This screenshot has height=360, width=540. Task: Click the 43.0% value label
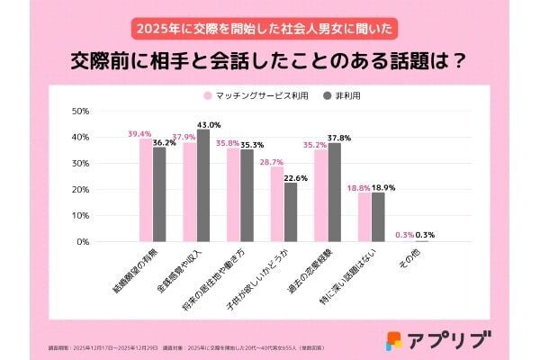(209, 124)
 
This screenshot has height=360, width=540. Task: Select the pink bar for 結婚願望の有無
(146, 190)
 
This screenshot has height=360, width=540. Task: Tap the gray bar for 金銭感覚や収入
(203, 185)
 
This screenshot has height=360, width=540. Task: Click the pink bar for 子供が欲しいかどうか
(277, 204)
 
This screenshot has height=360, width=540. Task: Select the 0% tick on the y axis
(82, 242)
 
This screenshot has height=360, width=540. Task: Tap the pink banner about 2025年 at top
(269, 28)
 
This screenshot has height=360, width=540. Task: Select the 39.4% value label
(139, 133)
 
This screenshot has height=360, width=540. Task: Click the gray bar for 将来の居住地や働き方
(247, 195)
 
